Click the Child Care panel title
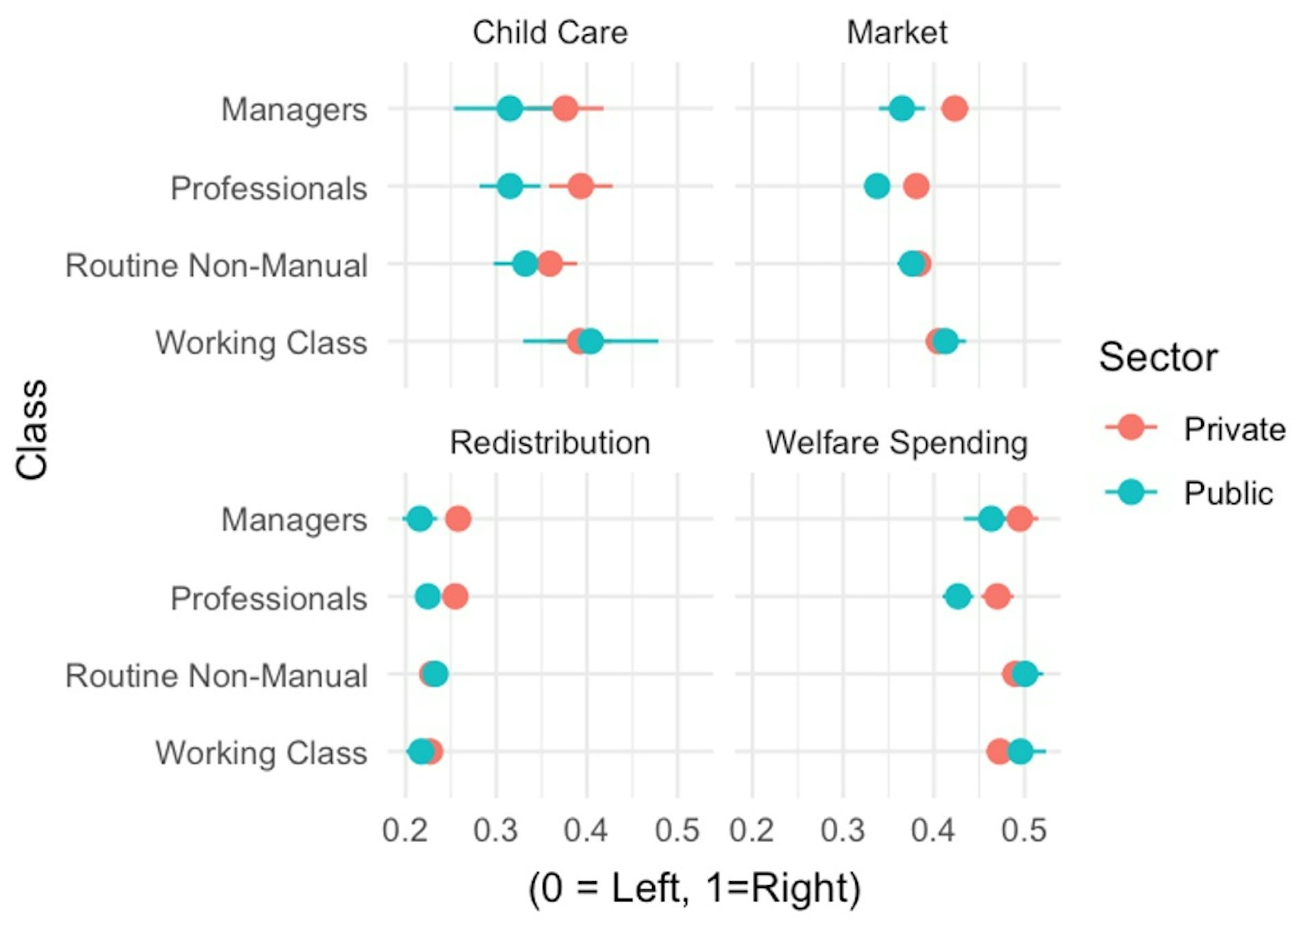[x=550, y=32]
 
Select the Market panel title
[x=897, y=32]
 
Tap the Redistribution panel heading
[x=550, y=442]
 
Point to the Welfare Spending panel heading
[x=897, y=442]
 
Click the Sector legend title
[x=1158, y=357]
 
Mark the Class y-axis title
[x=31, y=429]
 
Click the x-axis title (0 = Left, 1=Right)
[x=694, y=888]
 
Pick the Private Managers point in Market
[x=954, y=108]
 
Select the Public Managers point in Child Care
[x=510, y=108]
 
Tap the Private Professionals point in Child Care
[x=580, y=186]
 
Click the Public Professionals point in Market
[x=877, y=186]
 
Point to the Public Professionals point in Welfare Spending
[x=957, y=596]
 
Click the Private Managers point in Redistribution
[x=458, y=519]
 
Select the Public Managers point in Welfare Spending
[x=991, y=519]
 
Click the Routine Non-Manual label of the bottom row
[x=216, y=676]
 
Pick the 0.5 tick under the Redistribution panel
[x=677, y=830]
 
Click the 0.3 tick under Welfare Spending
[x=842, y=830]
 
